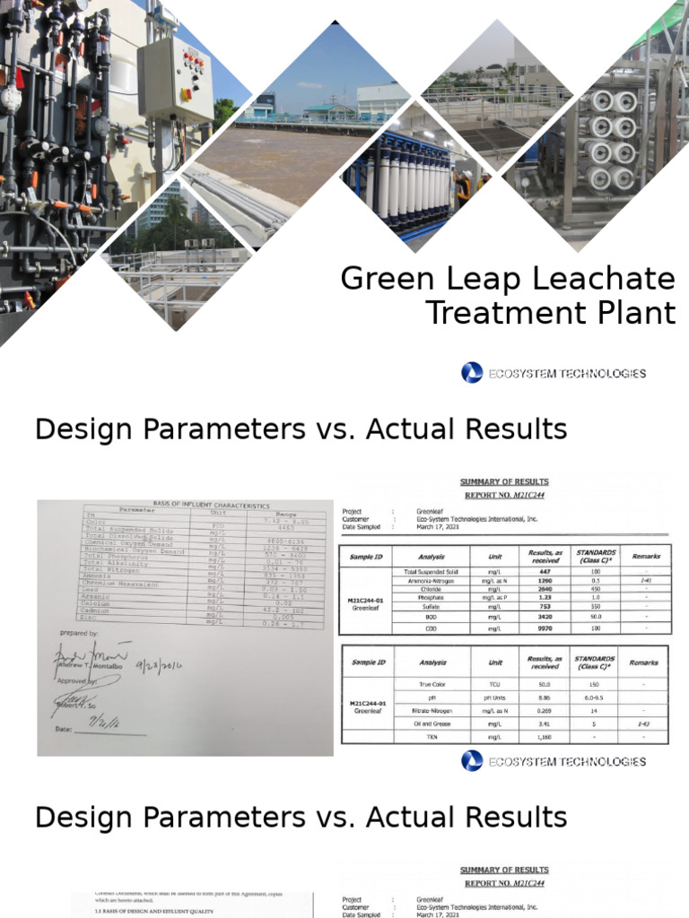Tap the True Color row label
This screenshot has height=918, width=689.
point(432,683)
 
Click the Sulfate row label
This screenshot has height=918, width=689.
point(432,608)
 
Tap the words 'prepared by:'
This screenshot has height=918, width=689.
point(79,633)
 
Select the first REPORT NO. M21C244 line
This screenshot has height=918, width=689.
point(504,495)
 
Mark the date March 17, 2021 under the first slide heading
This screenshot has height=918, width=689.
point(437,527)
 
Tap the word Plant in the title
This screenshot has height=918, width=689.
point(638,313)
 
